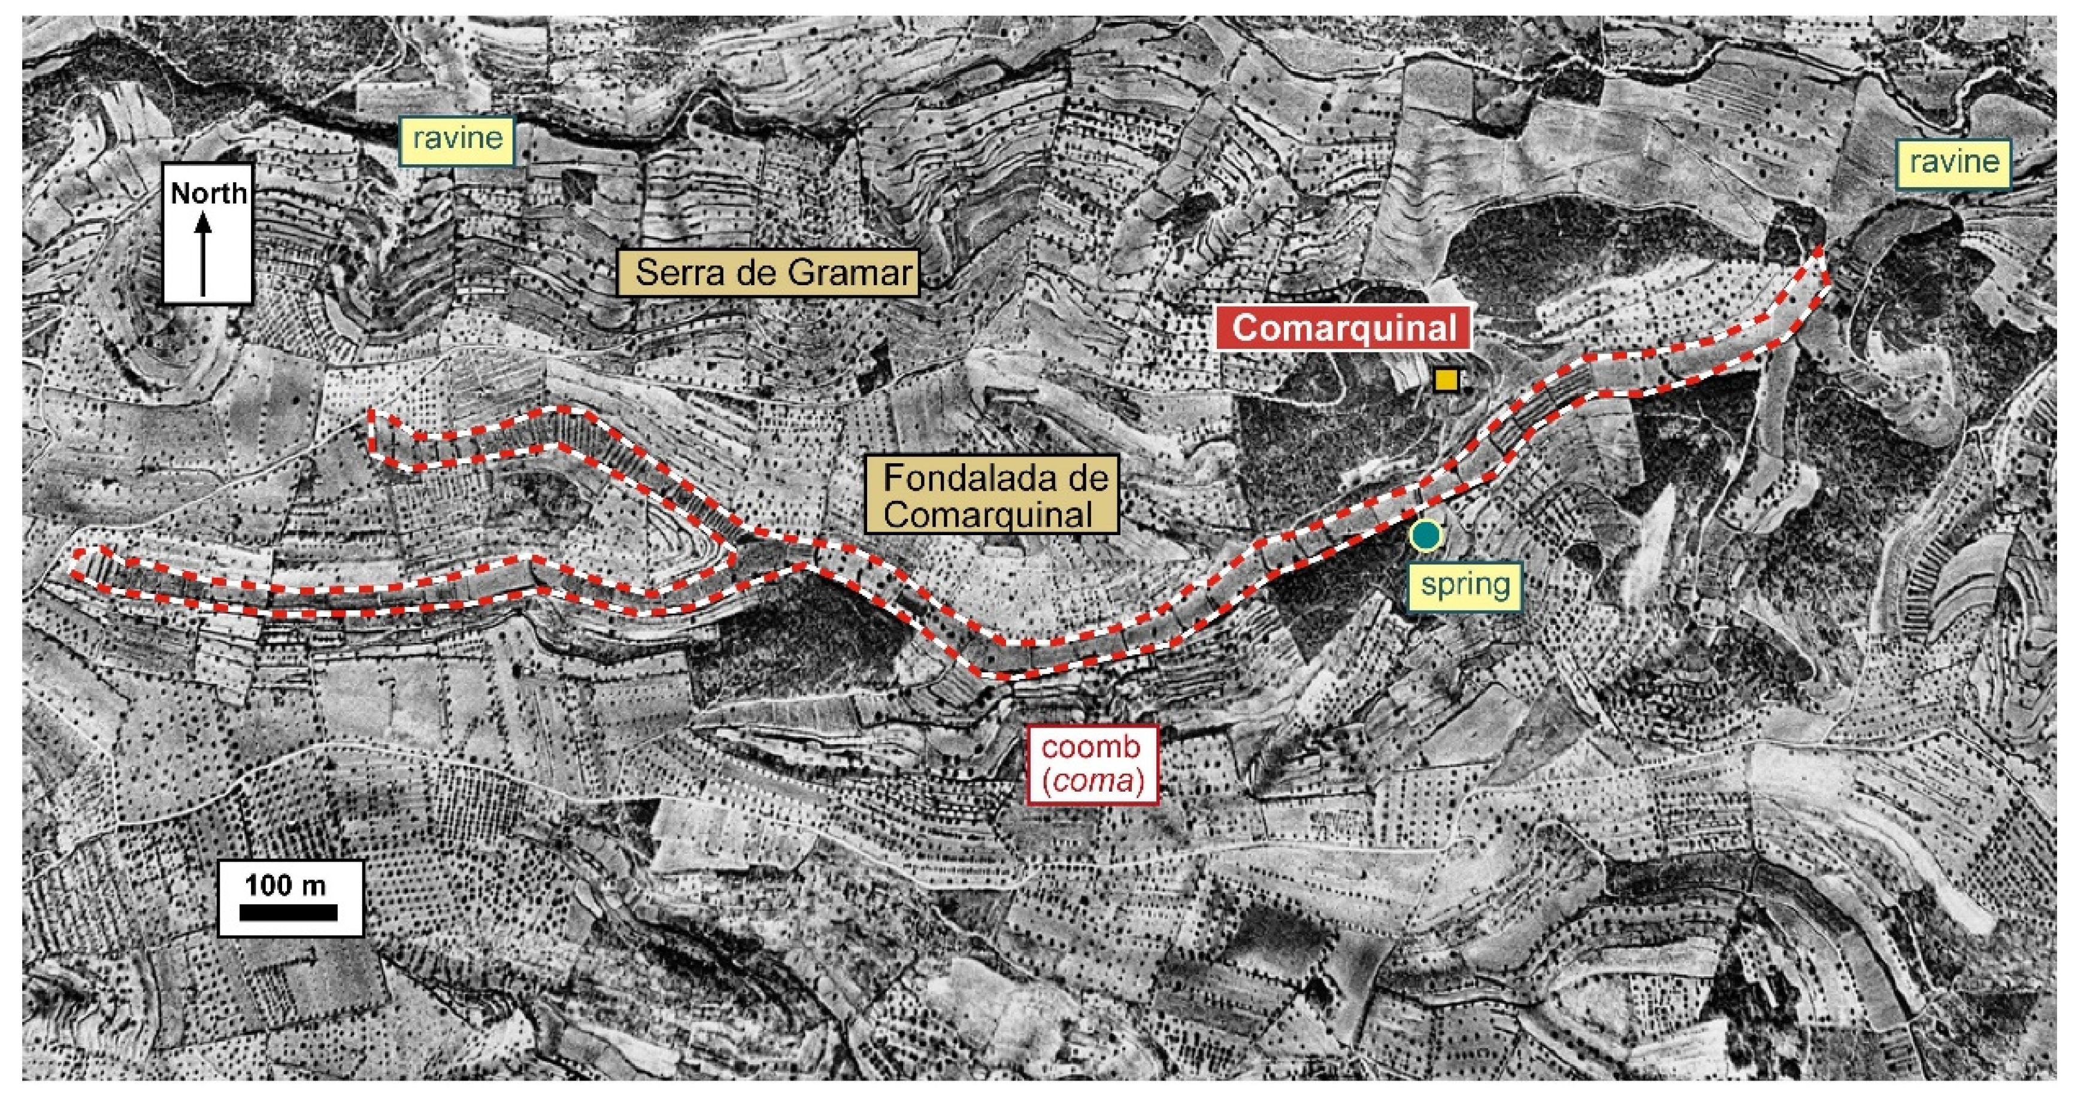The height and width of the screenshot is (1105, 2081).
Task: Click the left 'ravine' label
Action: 458,139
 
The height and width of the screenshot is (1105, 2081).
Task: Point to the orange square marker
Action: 1446,380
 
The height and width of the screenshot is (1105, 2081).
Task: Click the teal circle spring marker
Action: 1426,535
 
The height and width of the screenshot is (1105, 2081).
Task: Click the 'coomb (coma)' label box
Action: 1092,765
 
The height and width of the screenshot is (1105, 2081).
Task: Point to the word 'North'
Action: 208,193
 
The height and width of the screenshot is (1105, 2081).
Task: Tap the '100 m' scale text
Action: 286,884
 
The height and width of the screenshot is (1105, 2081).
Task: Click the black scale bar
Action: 289,913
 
